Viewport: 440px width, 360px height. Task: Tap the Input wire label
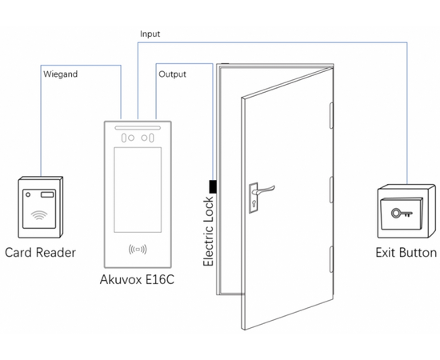click(x=150, y=34)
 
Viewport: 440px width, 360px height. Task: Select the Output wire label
click(x=172, y=74)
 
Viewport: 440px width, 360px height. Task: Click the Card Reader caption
click(x=40, y=253)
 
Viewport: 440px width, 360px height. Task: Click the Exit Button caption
click(x=406, y=253)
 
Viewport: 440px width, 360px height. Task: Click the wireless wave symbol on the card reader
click(x=37, y=214)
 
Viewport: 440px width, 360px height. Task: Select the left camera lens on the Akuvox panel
click(x=124, y=138)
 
